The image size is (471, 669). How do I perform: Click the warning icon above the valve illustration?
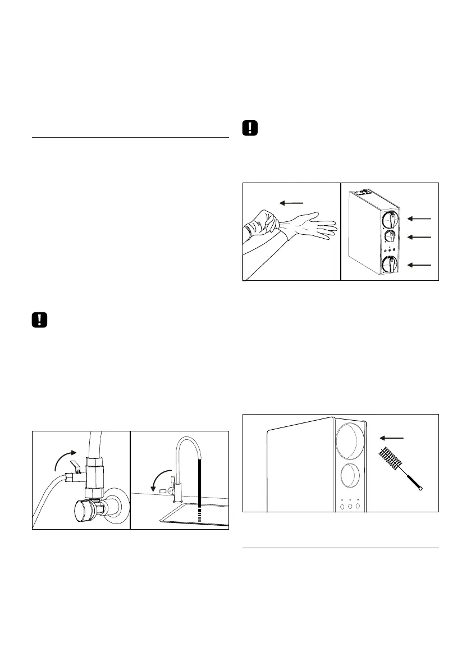(x=39, y=320)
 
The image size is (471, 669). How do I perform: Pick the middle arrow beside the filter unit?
(x=420, y=238)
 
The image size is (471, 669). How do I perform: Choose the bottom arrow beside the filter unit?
(x=420, y=264)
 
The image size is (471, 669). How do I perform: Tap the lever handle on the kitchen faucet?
(x=166, y=490)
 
